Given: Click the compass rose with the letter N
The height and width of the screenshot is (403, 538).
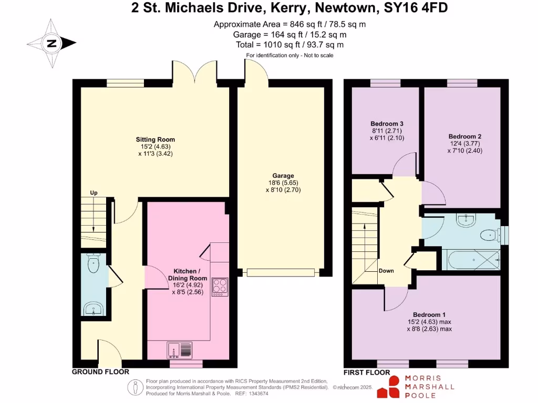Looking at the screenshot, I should click(x=52, y=44).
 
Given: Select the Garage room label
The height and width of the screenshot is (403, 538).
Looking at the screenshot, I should click(x=283, y=176).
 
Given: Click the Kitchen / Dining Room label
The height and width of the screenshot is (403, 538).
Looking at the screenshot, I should click(x=187, y=274).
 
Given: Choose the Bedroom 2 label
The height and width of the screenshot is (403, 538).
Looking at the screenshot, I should click(x=462, y=136).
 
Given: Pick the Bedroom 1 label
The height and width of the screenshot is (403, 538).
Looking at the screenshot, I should click(x=429, y=314).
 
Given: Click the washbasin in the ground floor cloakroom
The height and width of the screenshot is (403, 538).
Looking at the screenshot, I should click(x=95, y=309).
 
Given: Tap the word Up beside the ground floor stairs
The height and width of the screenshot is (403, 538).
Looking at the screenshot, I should click(x=94, y=193).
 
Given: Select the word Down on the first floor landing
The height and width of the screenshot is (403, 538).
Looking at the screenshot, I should click(x=386, y=271).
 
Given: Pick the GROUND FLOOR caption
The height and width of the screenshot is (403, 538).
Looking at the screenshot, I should click(x=100, y=372).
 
